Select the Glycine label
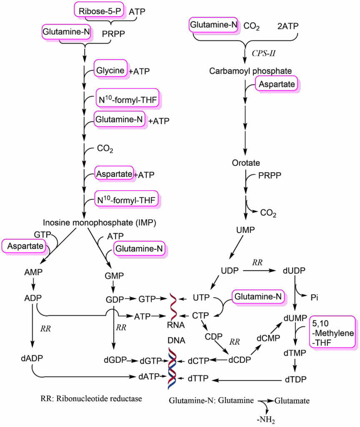point(110,71)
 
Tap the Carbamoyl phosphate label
point(250,71)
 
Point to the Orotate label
point(246,163)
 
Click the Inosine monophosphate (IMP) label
point(100,222)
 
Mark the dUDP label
point(294,271)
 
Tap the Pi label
point(315,298)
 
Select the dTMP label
point(295,353)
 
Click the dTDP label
point(295,379)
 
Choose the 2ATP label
point(287,26)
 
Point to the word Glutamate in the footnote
point(292,401)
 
